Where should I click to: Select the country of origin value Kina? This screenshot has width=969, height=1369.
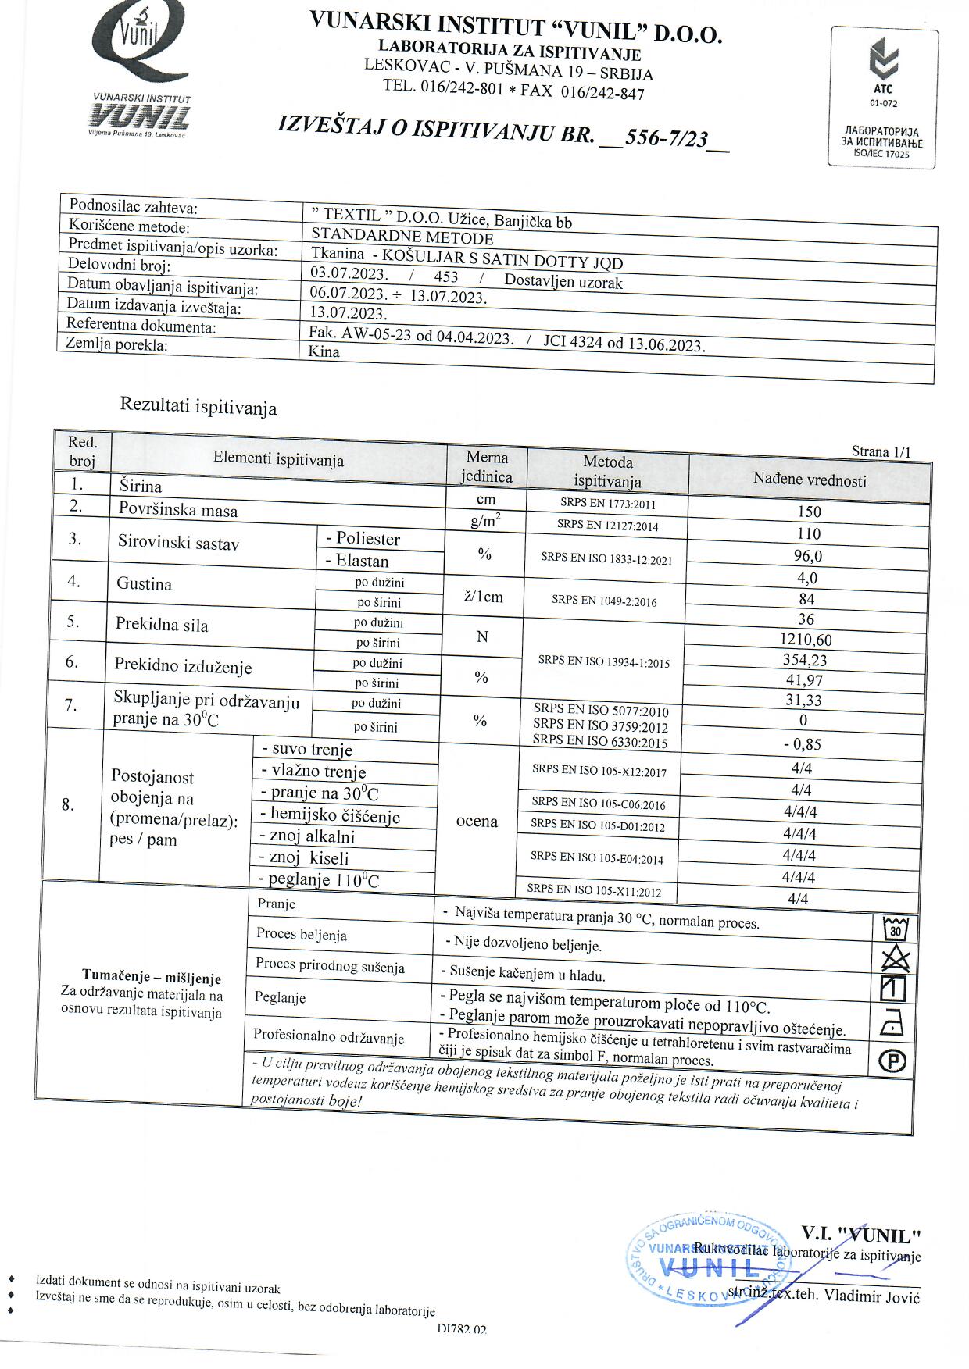point(324,351)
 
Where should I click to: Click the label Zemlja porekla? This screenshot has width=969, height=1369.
point(116,344)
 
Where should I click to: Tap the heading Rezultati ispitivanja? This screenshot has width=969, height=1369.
point(198,406)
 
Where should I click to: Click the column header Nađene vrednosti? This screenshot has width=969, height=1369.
point(810,480)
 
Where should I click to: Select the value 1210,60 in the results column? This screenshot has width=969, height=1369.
point(806,640)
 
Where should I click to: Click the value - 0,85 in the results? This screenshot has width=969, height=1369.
point(802,744)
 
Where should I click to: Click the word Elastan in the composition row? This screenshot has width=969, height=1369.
point(362,561)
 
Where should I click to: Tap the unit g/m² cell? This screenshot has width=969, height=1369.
point(485,521)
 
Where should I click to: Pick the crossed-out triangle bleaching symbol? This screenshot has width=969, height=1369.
point(895,958)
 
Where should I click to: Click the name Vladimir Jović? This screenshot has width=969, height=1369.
point(871,1296)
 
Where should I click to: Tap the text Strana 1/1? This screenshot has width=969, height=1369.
point(881,451)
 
